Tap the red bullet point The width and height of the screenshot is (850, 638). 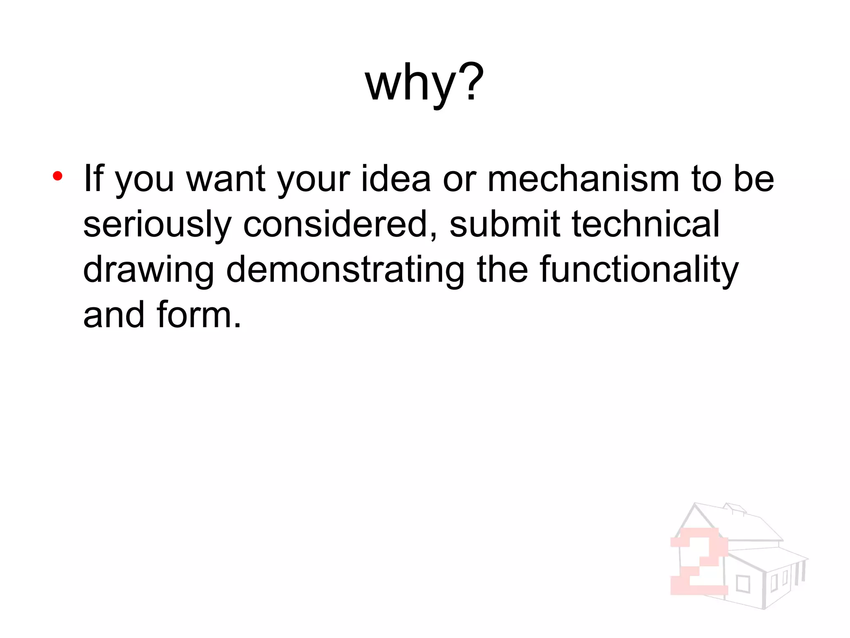click(x=58, y=177)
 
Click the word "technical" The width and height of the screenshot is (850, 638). click(x=646, y=224)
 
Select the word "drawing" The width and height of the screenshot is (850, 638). click(x=149, y=270)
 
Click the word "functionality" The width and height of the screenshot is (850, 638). click(x=639, y=270)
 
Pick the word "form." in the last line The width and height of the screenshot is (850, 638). click(x=199, y=315)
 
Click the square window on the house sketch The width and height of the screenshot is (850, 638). click(x=743, y=584)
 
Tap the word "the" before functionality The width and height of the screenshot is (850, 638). click(x=503, y=270)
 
